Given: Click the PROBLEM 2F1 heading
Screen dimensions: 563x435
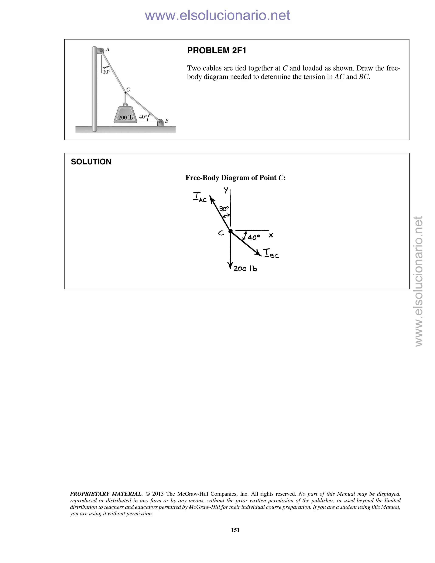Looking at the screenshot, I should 216,51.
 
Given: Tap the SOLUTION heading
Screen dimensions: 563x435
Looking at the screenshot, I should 91,162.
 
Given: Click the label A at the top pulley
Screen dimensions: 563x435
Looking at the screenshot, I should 108,50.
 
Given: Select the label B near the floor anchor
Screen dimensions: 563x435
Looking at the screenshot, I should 167,121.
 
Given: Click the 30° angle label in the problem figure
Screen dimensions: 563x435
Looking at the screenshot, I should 106,72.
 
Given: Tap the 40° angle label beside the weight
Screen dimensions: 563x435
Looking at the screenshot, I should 143,117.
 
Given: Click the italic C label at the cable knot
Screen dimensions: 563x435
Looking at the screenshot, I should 128,89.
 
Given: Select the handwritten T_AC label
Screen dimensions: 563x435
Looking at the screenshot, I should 200,197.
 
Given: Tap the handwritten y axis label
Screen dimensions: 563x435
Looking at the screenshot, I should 226,190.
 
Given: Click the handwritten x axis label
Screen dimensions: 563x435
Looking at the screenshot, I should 271,235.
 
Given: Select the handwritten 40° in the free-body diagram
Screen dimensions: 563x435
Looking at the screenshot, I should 254,237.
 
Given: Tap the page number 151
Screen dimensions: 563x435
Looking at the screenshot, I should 235,530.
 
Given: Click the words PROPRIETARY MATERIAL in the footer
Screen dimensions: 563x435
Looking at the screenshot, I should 106,494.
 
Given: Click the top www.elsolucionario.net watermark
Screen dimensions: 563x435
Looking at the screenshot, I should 217,16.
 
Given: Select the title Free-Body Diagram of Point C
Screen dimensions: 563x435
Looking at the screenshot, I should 236,178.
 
